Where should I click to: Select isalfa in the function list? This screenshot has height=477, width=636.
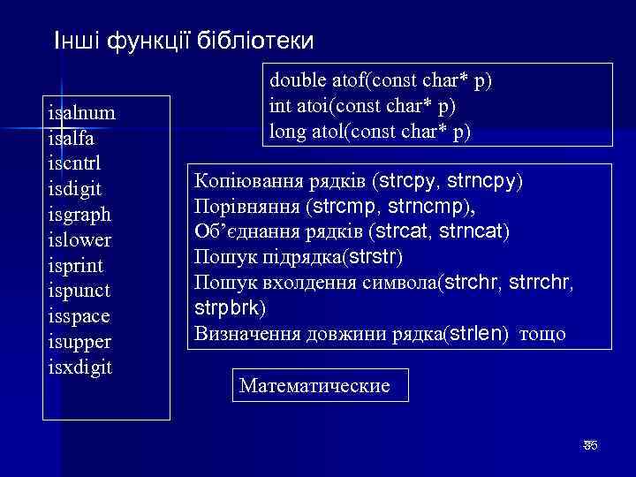pos(73,139)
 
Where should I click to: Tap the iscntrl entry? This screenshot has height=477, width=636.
pos(77,163)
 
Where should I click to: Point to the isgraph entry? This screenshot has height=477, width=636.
pos(80,215)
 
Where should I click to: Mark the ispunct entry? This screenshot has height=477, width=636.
pos(79,291)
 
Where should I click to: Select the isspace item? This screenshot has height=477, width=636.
pos(80,316)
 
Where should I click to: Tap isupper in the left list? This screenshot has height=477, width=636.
pos(80,341)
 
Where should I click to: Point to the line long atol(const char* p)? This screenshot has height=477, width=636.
pos(370,132)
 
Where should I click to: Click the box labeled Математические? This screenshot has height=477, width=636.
pos(315,386)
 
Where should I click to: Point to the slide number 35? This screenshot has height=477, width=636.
pos(590,445)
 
